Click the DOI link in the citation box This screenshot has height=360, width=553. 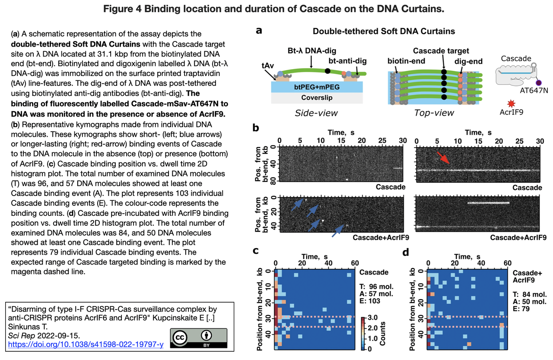point(86,344)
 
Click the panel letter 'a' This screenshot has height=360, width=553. point(259,30)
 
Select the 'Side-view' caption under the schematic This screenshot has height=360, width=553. point(316,113)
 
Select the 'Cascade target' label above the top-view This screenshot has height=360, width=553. point(441,51)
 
